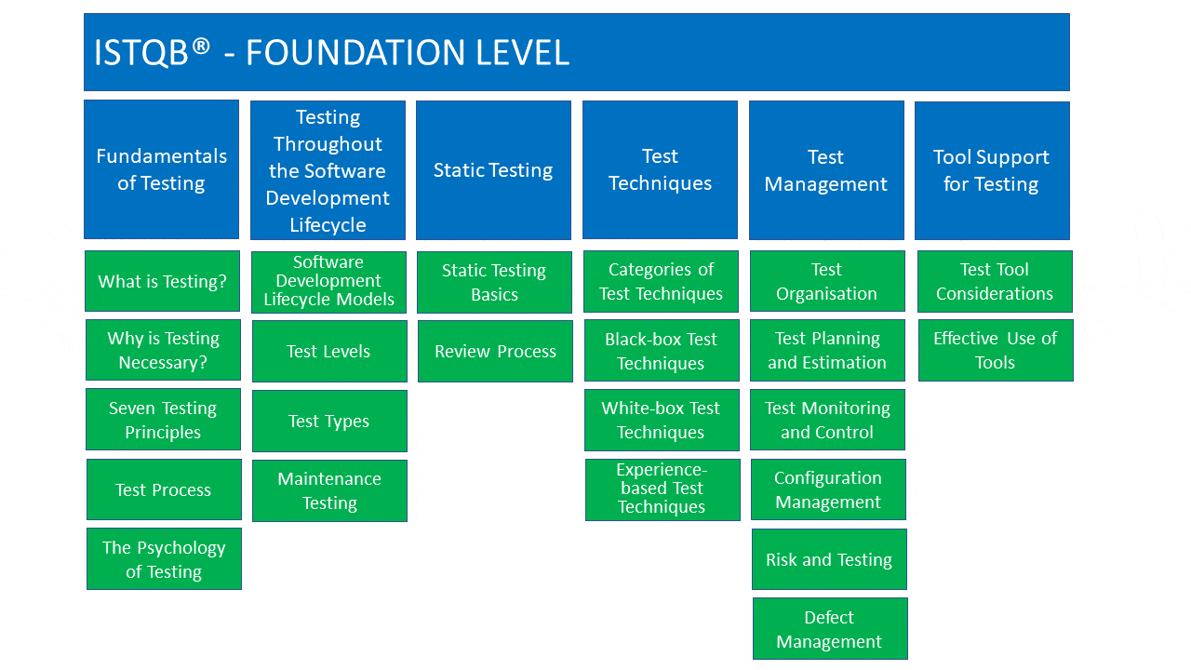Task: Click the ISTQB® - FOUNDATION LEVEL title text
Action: point(331,53)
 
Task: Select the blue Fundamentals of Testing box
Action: point(161,169)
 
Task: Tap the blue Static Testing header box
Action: point(493,170)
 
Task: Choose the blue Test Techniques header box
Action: point(660,169)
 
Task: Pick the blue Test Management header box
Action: point(826,170)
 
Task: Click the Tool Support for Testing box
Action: point(992,170)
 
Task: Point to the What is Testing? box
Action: point(162,281)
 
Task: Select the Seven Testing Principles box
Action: point(163,420)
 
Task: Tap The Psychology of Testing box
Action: point(164,559)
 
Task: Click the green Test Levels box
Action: point(329,351)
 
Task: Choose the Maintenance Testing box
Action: point(329,490)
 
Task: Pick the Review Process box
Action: point(495,351)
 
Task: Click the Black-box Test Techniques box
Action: point(662,351)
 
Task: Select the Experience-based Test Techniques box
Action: point(662,489)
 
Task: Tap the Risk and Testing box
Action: point(829,559)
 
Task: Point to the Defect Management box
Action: point(830,628)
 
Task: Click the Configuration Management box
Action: point(828,489)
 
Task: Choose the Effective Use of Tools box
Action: point(996,350)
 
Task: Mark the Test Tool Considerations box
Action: point(995,281)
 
